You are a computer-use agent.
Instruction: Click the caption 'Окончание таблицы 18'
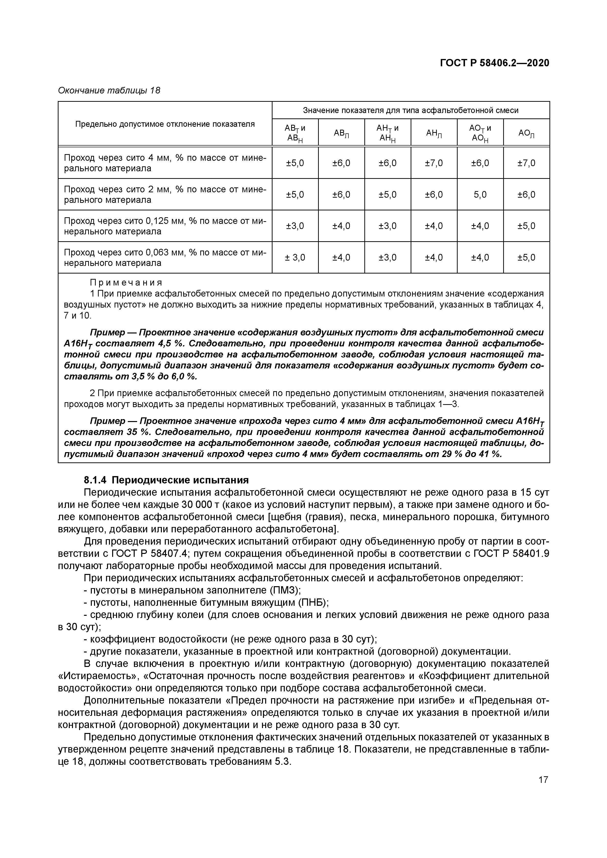[x=109, y=91]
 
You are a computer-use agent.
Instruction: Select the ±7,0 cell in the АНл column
[x=434, y=163]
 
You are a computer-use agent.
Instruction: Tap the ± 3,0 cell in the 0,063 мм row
[x=295, y=257]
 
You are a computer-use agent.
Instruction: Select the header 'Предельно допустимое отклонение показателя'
[x=165, y=124]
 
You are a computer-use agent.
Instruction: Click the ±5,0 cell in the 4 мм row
[x=295, y=163]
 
